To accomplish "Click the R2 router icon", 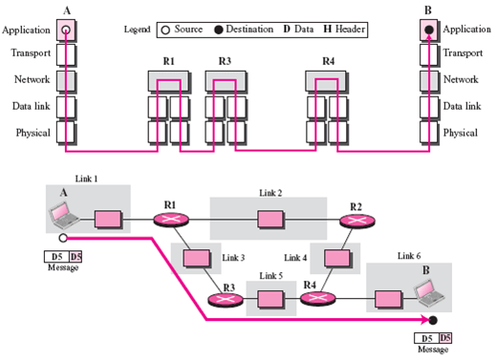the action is [x=356, y=221].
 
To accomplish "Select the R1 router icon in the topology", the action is [x=171, y=220].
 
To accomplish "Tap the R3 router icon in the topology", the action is [x=226, y=300].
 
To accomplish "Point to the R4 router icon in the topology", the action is [x=318, y=299].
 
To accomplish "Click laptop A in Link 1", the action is [x=64, y=215].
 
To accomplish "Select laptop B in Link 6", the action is [x=429, y=293].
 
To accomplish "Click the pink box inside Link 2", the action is [x=270, y=220].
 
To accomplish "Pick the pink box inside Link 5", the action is [x=270, y=299].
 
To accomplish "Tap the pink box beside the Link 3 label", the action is [x=197, y=258].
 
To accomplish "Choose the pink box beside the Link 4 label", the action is [x=337, y=258].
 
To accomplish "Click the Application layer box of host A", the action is [x=66, y=31].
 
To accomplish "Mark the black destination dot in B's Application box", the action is [x=429, y=30].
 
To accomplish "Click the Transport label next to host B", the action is [x=463, y=53].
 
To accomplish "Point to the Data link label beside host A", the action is [x=32, y=106].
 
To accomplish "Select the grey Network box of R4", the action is [x=326, y=81].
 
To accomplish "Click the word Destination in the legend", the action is [x=249, y=30].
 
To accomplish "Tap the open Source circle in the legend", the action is [x=165, y=31].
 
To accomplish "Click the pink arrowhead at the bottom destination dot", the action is [x=425, y=320].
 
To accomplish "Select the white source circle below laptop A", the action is [x=63, y=238].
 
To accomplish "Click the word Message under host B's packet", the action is [x=433, y=349].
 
